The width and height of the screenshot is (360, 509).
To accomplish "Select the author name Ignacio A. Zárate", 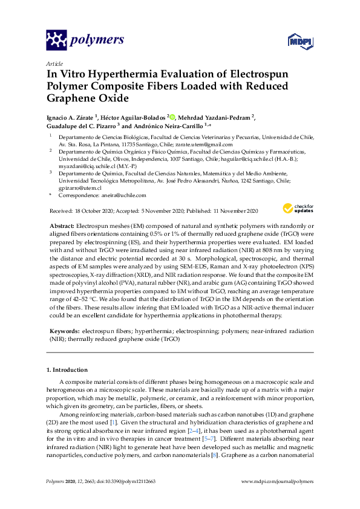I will tap(72, 117).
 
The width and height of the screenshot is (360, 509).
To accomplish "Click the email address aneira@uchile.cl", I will tap(123, 195).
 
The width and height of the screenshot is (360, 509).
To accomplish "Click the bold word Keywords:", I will tap(63, 332).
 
